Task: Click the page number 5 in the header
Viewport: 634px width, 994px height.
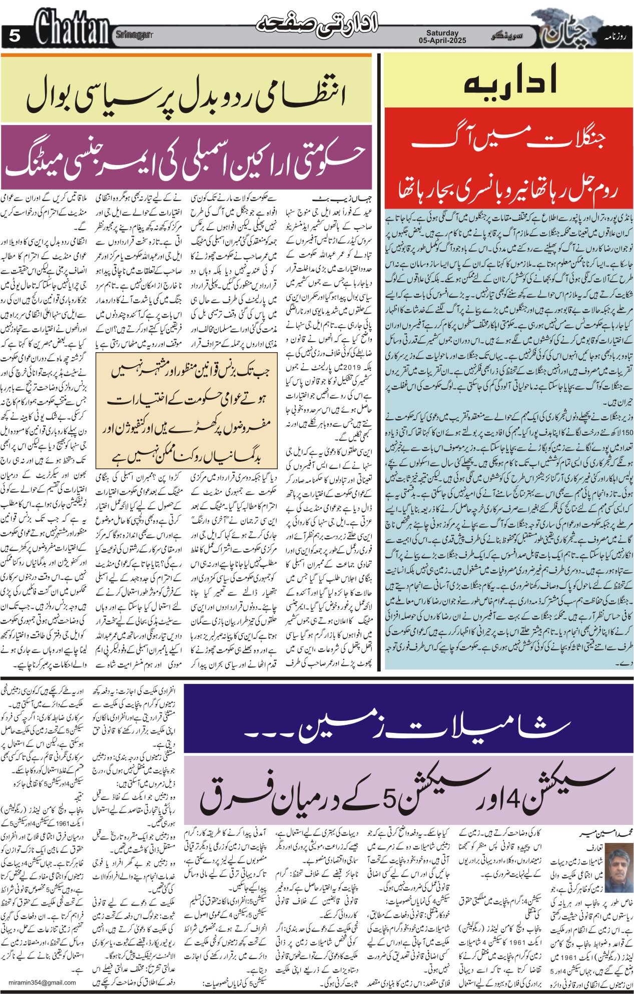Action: [15, 36]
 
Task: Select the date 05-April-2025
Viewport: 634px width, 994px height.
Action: [442, 41]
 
